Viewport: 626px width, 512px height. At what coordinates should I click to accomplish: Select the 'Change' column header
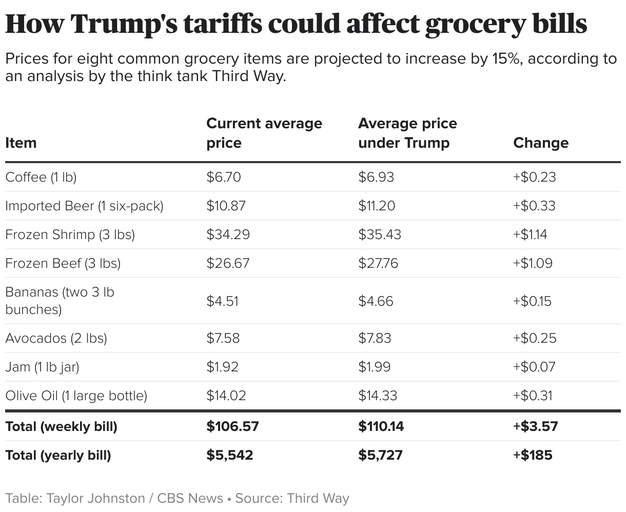click(x=541, y=143)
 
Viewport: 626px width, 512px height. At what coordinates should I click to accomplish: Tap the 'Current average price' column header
click(x=264, y=133)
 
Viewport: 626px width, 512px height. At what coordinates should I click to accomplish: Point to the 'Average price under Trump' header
click(x=407, y=133)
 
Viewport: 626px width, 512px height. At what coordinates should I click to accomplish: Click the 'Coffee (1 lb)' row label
click(x=41, y=177)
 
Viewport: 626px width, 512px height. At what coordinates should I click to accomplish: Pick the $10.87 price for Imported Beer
click(x=226, y=206)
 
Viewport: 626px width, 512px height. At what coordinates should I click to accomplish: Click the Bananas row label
click(x=60, y=301)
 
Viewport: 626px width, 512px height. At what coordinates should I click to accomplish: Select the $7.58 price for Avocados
click(x=223, y=338)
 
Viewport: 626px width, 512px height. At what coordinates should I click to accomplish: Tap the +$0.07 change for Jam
click(x=534, y=367)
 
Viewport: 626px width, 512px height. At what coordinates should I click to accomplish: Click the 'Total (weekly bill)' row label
click(x=61, y=426)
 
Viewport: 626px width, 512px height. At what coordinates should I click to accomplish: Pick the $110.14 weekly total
click(x=381, y=426)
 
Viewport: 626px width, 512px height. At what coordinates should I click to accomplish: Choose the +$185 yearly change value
click(x=533, y=455)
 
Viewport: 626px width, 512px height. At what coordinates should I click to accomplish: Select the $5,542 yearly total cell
click(x=229, y=455)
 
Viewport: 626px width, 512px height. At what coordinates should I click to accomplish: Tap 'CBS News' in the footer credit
click(x=190, y=498)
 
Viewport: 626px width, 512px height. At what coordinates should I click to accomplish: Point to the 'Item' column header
click(x=21, y=143)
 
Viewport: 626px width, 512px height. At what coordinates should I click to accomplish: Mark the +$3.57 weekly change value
click(x=535, y=426)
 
